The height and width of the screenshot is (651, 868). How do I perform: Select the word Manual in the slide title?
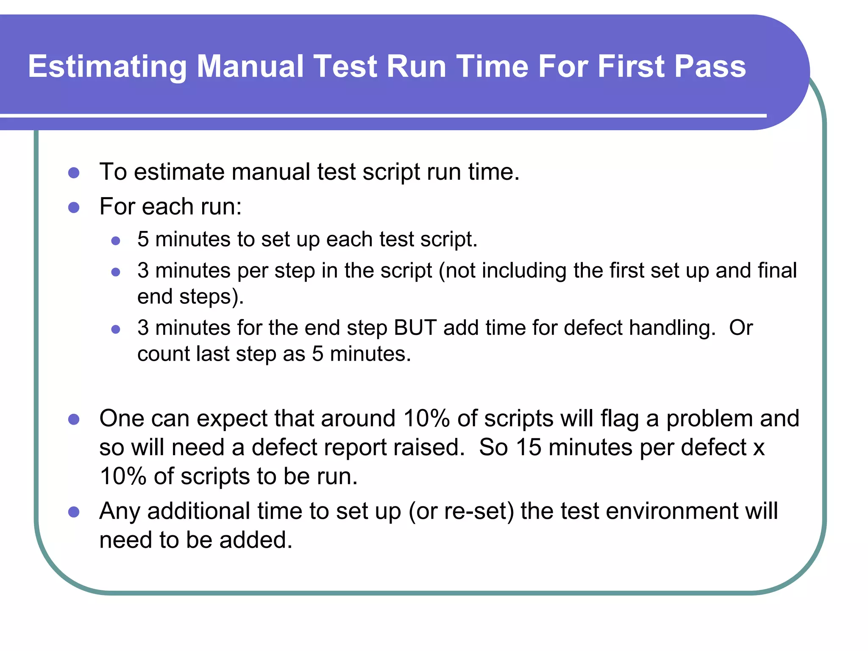250,67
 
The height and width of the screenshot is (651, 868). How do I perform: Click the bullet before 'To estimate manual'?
74,172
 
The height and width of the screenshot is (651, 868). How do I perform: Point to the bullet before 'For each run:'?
74,207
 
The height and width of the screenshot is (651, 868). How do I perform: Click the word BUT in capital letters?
415,328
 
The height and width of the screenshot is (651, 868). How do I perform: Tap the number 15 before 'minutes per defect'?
528,448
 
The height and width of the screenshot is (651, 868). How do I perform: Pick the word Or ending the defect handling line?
740,328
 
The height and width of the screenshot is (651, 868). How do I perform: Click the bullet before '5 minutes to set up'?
116,241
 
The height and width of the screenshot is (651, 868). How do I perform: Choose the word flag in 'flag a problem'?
619,419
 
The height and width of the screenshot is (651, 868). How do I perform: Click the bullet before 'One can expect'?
74,420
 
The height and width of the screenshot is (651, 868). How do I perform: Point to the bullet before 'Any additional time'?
74,512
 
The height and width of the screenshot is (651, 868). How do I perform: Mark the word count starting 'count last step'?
163,354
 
